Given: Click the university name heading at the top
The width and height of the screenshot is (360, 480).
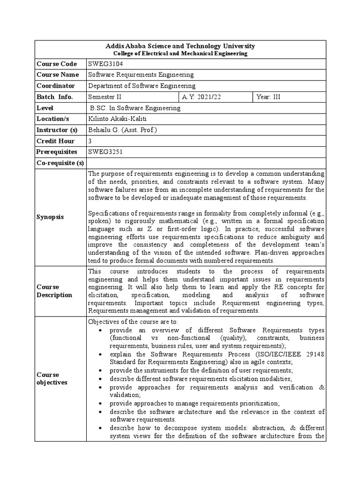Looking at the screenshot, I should coord(181,46).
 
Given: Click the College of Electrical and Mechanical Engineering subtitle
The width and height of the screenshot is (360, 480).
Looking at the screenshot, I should coord(181,53).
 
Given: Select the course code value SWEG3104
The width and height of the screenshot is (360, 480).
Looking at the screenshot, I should coord(106,64).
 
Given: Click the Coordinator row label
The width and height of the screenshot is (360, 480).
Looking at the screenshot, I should coord(56,86).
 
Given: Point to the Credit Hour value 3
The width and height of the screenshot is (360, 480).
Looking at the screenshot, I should coord(90,141).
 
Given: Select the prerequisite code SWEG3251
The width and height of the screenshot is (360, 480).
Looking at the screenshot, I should coord(105,152).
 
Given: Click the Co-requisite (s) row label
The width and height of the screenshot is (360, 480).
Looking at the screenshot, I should coord(60,163).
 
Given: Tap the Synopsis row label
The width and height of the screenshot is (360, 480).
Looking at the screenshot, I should coord(50,217).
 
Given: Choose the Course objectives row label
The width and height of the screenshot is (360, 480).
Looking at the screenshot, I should coord(52,379).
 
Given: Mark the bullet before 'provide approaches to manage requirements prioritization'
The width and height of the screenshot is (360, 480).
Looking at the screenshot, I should coord(101,403).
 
